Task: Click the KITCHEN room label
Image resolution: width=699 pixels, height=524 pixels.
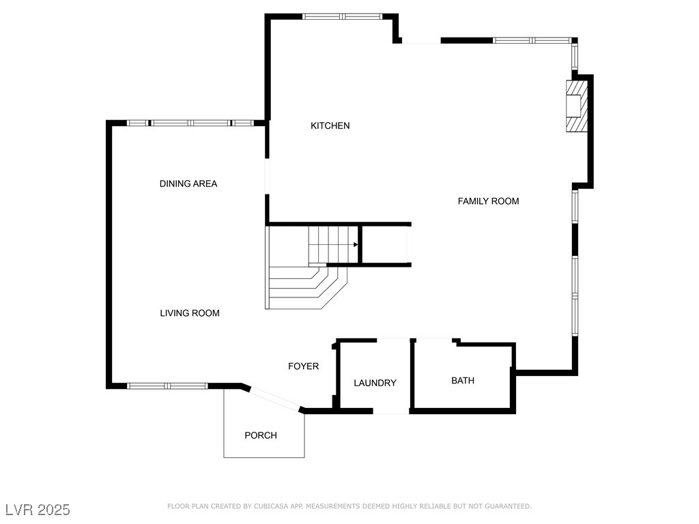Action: coord(330,126)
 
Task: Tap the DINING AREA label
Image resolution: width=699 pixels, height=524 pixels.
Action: coord(188,184)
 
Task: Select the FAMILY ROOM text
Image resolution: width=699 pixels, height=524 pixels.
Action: coord(488,201)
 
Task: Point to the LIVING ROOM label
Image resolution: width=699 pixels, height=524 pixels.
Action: coord(190,313)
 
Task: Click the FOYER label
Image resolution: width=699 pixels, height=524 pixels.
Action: coord(303,366)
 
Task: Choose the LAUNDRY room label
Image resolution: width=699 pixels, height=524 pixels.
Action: coord(375,383)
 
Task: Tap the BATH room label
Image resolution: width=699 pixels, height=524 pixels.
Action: coord(462,380)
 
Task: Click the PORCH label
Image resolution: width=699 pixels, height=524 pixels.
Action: coord(261,435)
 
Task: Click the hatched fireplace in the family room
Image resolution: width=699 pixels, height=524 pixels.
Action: coord(576,106)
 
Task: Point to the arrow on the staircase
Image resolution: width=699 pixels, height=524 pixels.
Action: coord(356,244)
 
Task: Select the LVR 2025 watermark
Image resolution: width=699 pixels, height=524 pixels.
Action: coord(38,510)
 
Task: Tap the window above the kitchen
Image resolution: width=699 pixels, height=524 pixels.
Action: coord(343,16)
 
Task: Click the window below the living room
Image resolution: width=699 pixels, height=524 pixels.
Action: coord(167,386)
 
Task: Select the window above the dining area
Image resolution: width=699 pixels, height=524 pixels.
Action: coord(190,123)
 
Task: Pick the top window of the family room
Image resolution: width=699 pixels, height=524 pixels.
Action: coord(532,40)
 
